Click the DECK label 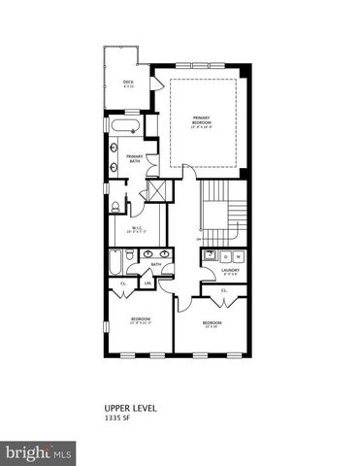pos(127,83)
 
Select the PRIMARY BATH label pos(136,159)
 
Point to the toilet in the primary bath pos(115,205)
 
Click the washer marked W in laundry pos(226,256)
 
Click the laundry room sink pos(210,256)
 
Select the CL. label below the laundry pos(224,291)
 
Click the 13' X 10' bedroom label pos(211,324)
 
